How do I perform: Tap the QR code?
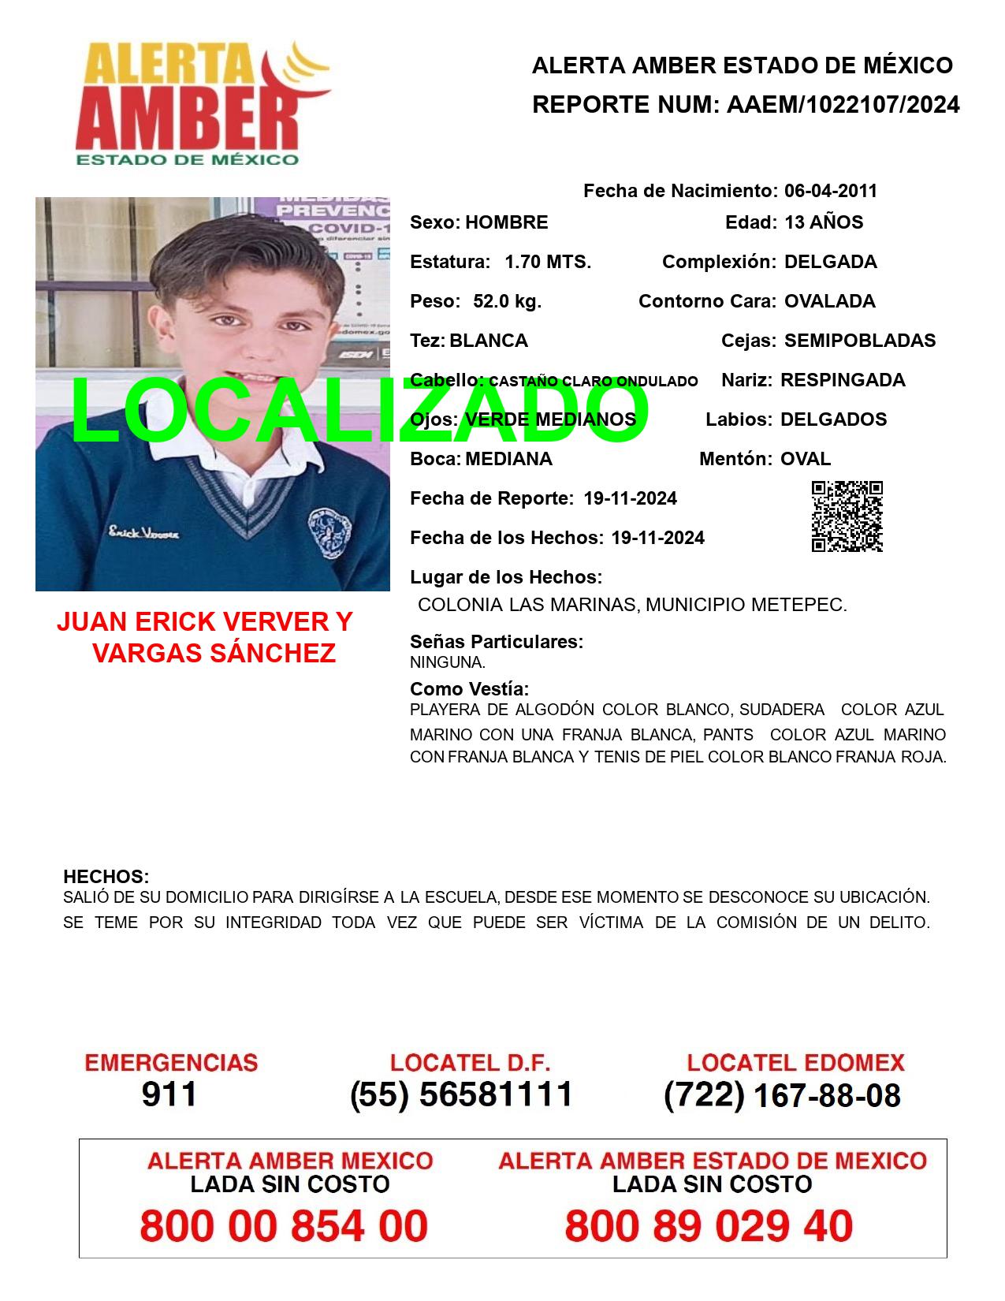tap(847, 516)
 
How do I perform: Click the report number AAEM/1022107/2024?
tap(843, 105)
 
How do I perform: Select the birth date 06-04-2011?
tap(830, 191)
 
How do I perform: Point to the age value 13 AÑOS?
tap(824, 222)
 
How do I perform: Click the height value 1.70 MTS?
tap(548, 262)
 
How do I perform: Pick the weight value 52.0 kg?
tap(507, 301)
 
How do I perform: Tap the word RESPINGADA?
tap(843, 380)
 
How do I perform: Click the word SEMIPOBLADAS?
tap(860, 341)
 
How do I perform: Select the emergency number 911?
tap(169, 1094)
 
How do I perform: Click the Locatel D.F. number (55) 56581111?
tap(461, 1094)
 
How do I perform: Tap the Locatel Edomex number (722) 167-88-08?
tap(782, 1095)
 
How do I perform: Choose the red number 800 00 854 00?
tap(284, 1226)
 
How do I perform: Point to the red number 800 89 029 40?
tap(709, 1226)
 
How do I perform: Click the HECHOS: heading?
tap(106, 877)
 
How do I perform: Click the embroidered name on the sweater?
tap(144, 534)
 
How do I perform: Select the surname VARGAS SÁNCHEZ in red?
tap(214, 653)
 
